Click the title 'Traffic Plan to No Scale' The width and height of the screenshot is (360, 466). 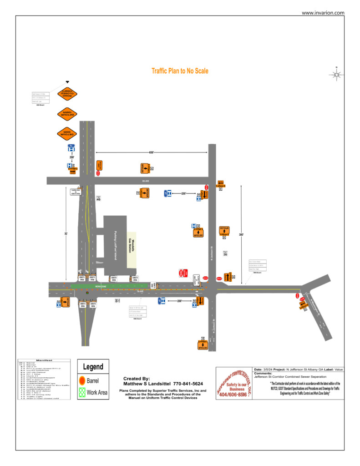coord(180,71)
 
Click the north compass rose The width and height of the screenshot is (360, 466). coord(336,75)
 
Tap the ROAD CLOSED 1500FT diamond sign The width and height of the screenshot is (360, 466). coord(67,94)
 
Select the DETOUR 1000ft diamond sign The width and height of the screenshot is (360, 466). coord(67,113)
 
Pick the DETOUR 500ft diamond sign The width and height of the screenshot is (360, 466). coord(67,133)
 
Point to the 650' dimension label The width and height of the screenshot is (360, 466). coord(151,152)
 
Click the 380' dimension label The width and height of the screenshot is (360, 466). coord(241,235)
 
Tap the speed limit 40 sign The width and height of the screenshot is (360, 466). coord(98,198)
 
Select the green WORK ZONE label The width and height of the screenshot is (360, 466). coord(100,286)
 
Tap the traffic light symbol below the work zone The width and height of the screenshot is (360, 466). coord(87,293)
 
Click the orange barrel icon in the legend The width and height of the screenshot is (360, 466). coord(82,380)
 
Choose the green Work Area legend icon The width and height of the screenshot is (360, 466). coord(82,392)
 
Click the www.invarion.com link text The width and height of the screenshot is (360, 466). coord(323,13)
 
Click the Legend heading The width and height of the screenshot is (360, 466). coord(93,367)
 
